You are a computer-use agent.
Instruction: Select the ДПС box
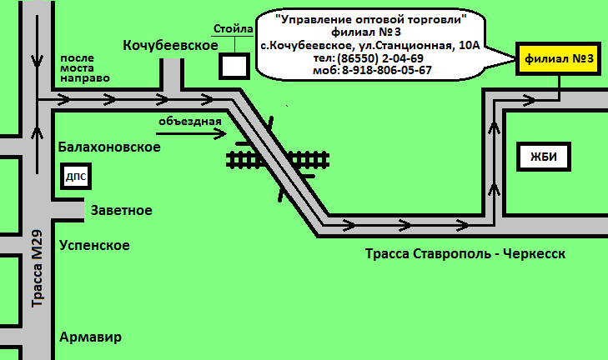tap(76, 177)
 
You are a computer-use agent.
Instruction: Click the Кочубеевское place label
tap(170, 44)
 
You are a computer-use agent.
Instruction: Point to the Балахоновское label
tap(109, 147)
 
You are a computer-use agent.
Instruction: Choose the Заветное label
tap(121, 210)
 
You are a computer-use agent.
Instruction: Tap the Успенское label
tap(94, 245)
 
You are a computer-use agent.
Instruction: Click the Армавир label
tap(91, 337)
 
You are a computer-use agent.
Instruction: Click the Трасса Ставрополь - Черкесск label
tap(465, 253)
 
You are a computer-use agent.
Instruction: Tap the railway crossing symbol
tap(278, 158)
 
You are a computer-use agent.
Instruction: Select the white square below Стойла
tap(234, 65)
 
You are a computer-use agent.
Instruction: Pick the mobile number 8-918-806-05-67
tap(386, 70)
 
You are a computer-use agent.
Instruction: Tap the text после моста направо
tap(84, 67)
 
